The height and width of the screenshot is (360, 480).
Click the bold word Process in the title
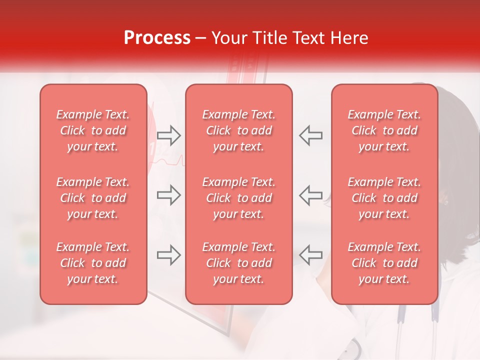157,37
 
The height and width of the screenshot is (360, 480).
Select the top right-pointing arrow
168,135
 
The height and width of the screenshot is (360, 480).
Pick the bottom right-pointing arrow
168,255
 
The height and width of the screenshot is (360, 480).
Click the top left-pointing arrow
311,135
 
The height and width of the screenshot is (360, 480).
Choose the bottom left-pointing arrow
311,255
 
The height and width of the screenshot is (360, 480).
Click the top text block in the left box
93,130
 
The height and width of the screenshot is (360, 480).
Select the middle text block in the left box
93,198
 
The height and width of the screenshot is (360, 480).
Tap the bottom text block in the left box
93,263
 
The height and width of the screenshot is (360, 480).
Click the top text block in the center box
239,130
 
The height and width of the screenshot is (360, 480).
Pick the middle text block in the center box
239,198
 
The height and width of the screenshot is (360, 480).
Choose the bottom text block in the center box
239,263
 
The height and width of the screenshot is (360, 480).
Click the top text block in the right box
384,130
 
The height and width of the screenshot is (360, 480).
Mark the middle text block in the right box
384,198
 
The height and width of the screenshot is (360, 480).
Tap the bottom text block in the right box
384,263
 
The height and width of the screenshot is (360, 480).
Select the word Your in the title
229,37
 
